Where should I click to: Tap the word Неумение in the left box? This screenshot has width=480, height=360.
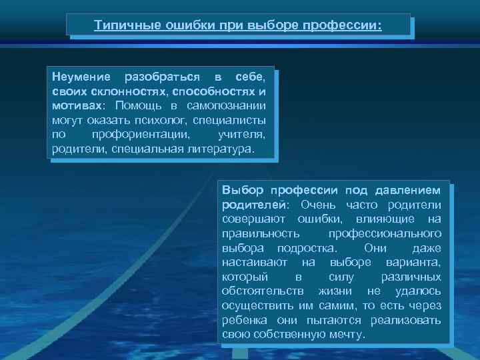pyautogui.click(x=79, y=77)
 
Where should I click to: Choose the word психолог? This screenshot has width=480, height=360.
pyautogui.click(x=162, y=121)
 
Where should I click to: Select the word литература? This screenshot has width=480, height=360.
pyautogui.click(x=218, y=149)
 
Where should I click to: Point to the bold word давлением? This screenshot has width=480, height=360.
pyautogui.click(x=408, y=190)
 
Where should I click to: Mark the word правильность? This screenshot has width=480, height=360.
pyautogui.click(x=261, y=234)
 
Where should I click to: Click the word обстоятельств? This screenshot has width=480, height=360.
pyautogui.click(x=263, y=292)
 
